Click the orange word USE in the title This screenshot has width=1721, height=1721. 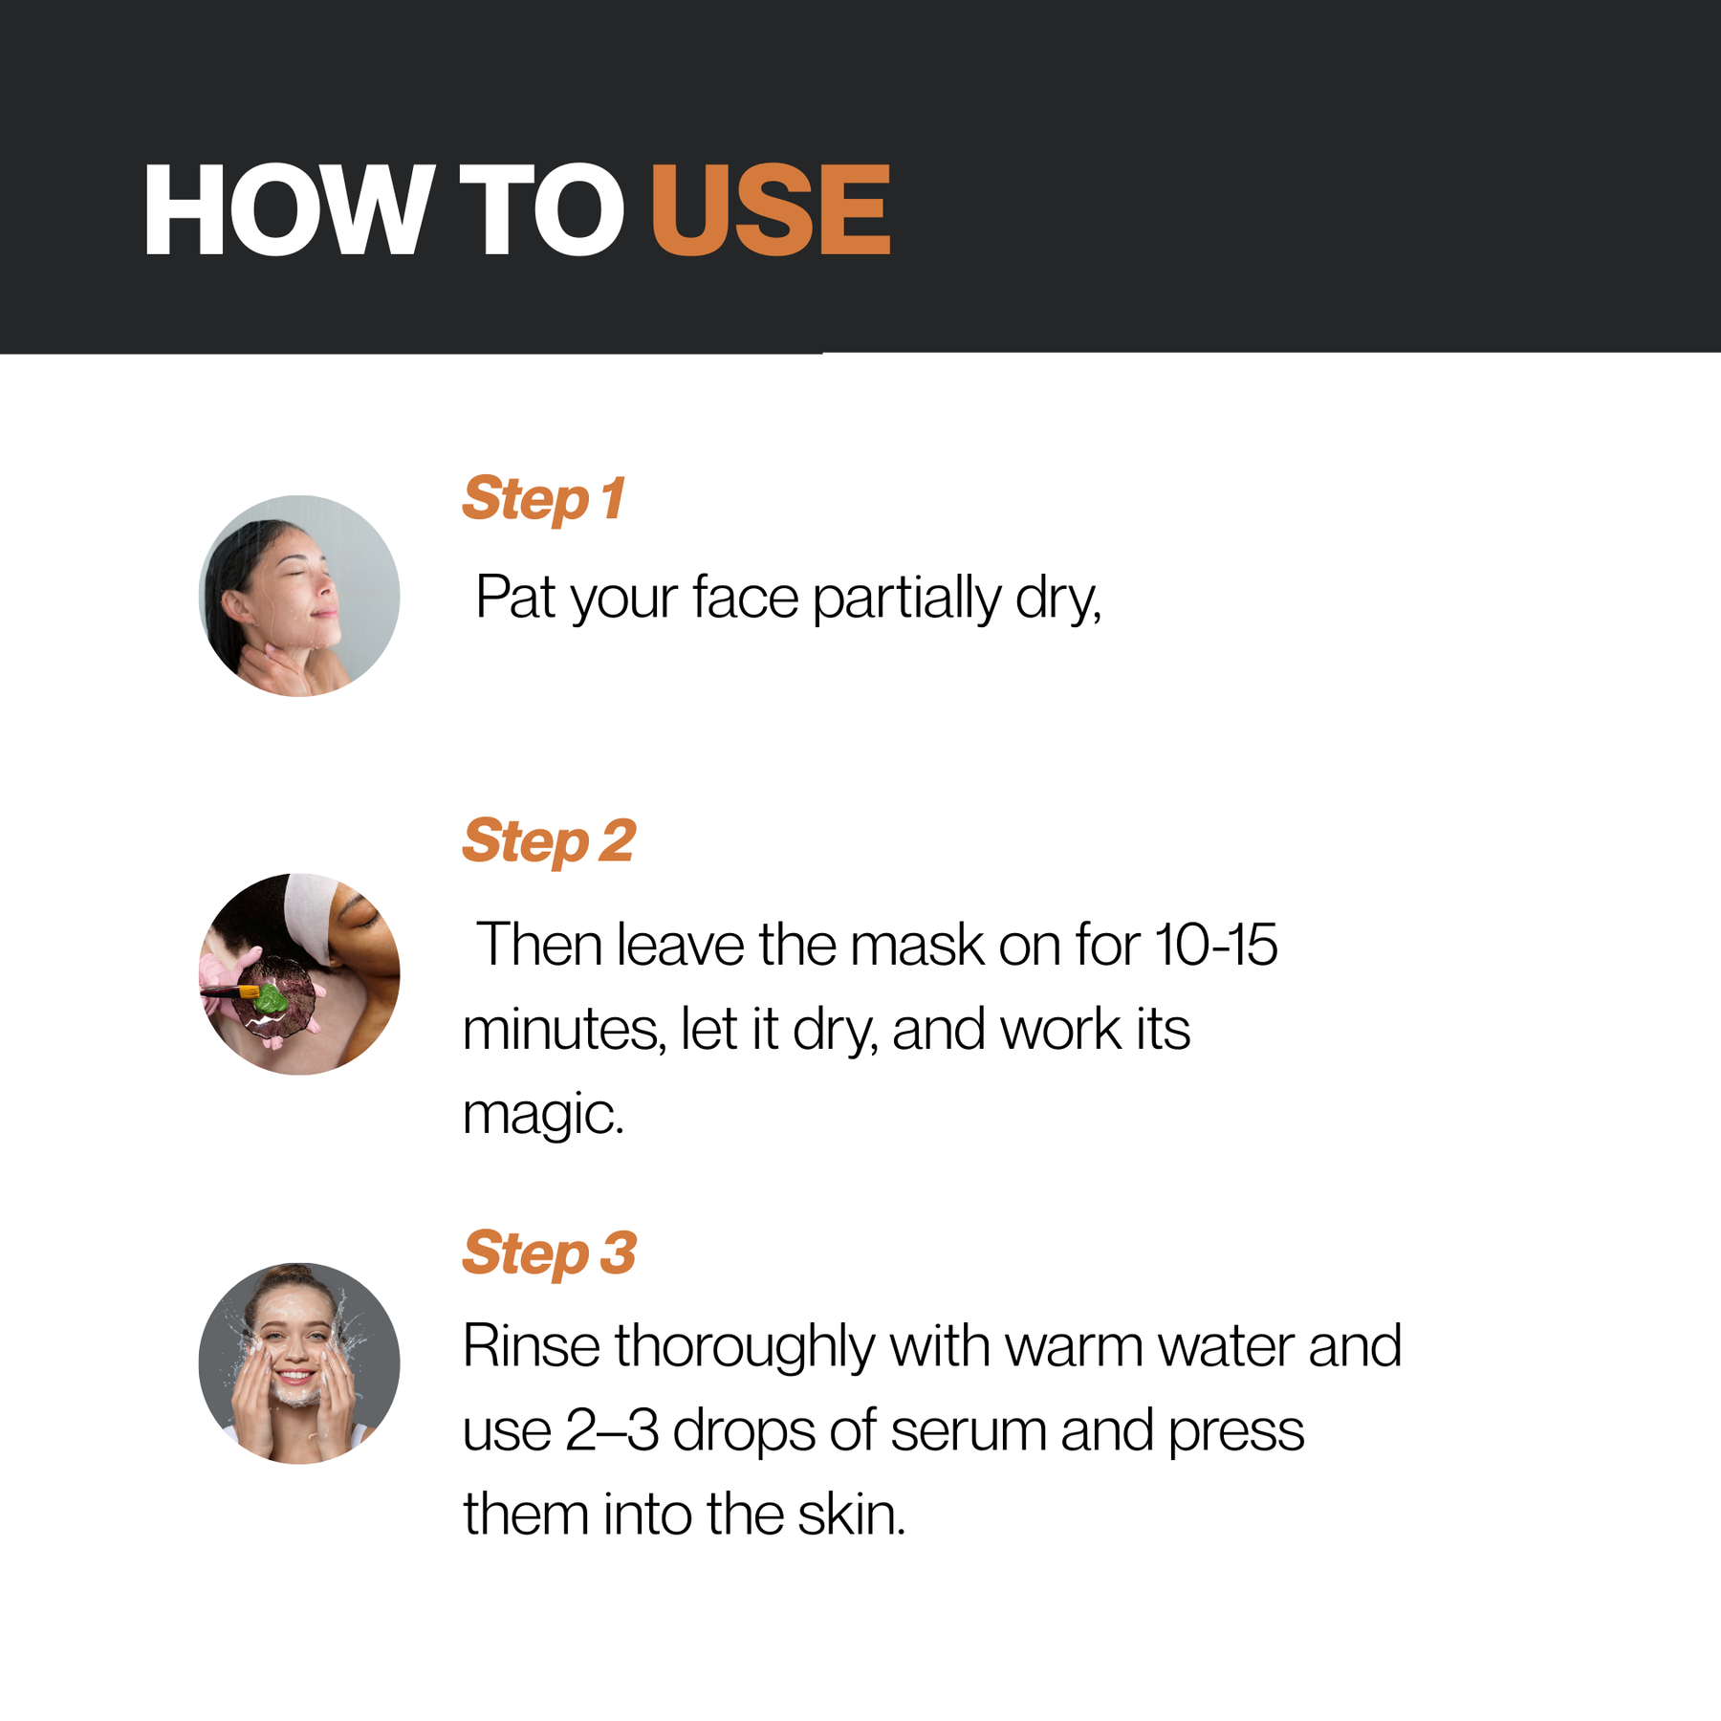[771, 209]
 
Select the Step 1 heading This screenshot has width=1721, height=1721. [543, 499]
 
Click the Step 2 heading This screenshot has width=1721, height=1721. [549, 841]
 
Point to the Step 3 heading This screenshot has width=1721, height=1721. [549, 1253]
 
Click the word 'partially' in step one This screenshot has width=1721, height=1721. [906, 599]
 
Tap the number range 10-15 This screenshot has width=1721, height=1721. [1215, 945]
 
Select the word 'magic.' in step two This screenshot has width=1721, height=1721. [543, 1116]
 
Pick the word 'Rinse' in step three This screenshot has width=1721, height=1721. [532, 1346]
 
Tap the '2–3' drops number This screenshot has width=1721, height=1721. [612, 1431]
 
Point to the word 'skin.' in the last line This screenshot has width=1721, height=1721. [851, 1514]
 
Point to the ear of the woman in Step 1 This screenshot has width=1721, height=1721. [232, 602]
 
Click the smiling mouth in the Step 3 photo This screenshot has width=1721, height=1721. [295, 1378]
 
